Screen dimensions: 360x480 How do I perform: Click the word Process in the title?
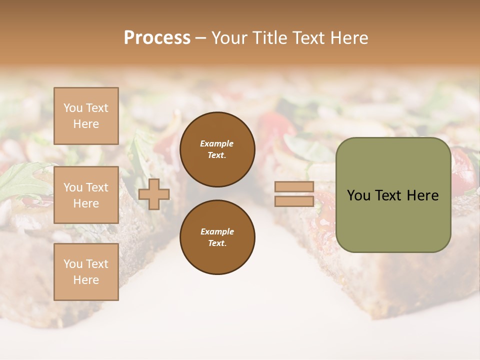pos(157,38)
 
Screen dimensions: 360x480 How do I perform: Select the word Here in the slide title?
pos(348,38)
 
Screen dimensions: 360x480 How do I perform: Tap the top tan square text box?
pos(86,116)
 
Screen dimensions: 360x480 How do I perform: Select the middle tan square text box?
pos(86,195)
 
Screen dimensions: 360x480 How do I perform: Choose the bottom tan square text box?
pos(86,272)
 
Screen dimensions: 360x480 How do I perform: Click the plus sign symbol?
pos(154,194)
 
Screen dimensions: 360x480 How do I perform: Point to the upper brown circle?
pos(217,149)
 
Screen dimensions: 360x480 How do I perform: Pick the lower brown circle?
pos(217,237)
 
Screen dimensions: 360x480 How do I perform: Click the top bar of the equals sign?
pos(294,187)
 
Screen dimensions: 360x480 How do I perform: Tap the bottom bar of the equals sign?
pos(294,201)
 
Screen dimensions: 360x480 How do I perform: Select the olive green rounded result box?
pos(393,195)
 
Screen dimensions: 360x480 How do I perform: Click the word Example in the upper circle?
pos(217,143)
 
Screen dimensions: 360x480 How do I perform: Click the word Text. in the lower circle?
pos(217,243)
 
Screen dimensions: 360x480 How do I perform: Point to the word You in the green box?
pos(358,195)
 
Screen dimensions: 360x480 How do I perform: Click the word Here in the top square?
pos(86,124)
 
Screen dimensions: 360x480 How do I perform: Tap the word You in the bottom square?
pos(73,264)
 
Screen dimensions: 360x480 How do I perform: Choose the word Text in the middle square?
pos(96,187)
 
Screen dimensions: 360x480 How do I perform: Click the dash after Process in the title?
pos(201,38)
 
